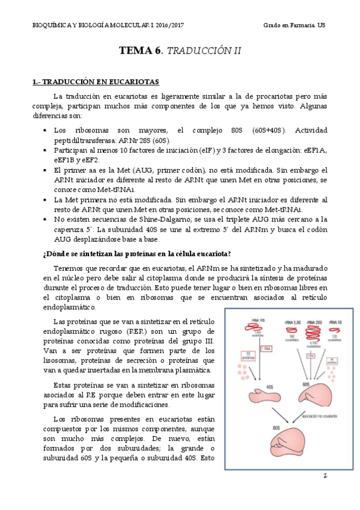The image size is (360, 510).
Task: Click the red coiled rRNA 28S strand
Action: pos(312,333)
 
